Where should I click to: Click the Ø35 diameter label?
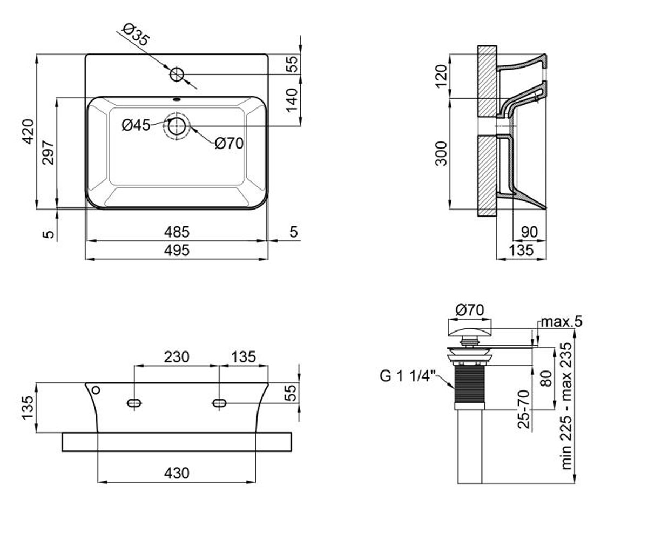point(136,35)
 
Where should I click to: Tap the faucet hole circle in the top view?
point(177,75)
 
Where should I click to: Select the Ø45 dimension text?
point(136,125)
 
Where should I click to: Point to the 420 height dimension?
point(29,132)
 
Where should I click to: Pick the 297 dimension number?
point(48,153)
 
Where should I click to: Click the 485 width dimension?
point(177,232)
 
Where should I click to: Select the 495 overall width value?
point(177,250)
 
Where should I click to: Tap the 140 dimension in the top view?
point(292,101)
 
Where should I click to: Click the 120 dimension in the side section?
point(441,76)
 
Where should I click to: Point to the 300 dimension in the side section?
point(441,153)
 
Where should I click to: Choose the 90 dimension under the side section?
point(529,232)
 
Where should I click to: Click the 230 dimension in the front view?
point(177,357)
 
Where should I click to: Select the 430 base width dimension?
point(177,473)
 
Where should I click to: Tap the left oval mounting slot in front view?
point(134,403)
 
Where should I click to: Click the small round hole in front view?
point(96,390)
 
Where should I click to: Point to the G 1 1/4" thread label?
point(408,376)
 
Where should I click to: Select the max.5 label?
point(562,322)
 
